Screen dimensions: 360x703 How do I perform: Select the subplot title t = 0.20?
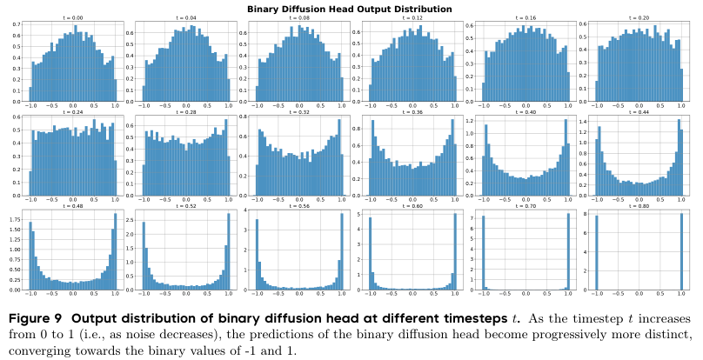pos(639,17)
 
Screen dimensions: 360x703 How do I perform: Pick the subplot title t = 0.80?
pos(639,207)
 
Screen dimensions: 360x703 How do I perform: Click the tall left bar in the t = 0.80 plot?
pos(597,252)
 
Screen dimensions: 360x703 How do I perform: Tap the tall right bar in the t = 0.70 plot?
pos(569,252)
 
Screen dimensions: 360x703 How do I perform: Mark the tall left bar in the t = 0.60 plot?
pos(370,252)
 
